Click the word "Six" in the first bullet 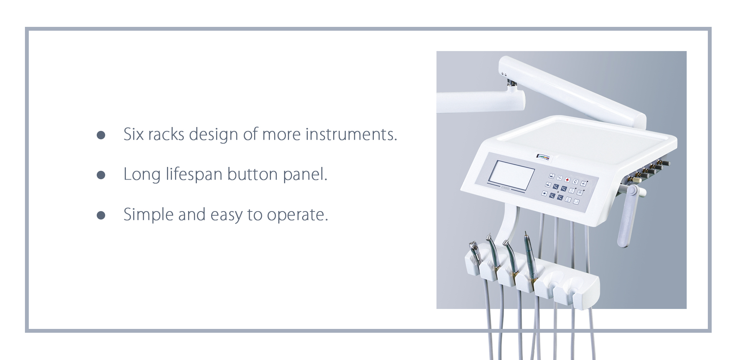point(133,134)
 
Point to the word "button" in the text point(252,174)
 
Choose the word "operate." point(297,215)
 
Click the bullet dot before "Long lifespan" point(101,175)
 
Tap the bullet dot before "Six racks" point(101,135)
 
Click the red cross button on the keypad point(567,180)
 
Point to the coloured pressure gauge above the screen point(543,157)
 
